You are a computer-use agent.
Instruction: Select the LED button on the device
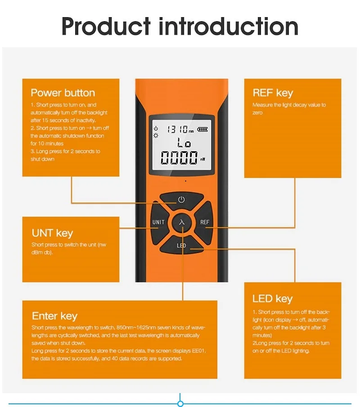point(181,245)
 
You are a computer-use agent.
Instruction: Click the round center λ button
point(181,223)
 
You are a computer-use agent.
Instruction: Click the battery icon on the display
point(202,129)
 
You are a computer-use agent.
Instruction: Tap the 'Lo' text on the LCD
point(184,143)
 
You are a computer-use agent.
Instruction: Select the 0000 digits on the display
point(179,157)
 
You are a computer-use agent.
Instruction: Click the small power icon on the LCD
point(156,128)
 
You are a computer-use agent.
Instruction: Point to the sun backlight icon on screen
point(156,135)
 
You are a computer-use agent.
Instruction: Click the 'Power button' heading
point(63,93)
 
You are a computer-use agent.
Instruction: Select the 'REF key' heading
point(273,93)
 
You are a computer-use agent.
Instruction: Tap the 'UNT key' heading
point(52,233)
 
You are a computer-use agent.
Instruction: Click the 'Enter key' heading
point(54,316)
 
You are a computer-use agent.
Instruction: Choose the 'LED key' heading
point(272,299)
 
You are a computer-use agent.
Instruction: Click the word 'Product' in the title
point(106,26)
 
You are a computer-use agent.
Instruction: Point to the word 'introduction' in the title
point(228,26)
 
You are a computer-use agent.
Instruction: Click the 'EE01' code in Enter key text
point(199,351)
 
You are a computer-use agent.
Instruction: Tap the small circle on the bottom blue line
point(180,403)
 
